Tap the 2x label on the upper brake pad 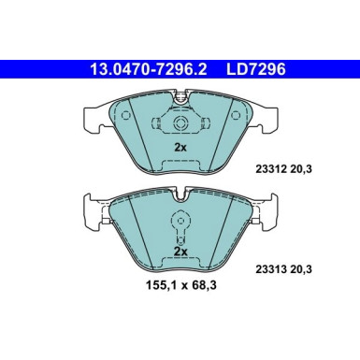180,148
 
